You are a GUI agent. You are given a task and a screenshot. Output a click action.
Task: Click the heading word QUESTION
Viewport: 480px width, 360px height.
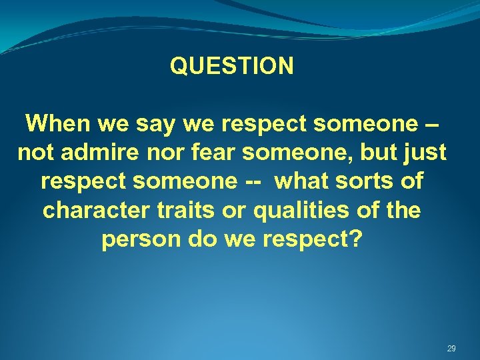click(231, 66)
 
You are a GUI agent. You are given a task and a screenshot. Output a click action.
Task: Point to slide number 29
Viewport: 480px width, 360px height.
click(451, 349)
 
